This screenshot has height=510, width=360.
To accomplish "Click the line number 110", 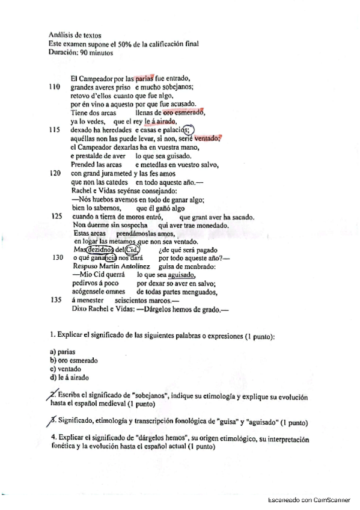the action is tap(54, 87).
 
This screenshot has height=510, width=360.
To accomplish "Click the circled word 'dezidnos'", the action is tap(100, 250).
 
